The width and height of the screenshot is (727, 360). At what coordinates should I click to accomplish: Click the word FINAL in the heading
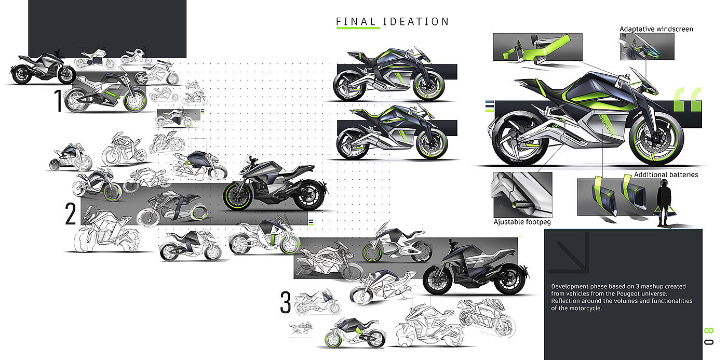(357, 21)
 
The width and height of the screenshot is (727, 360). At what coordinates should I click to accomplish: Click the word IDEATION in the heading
(415, 21)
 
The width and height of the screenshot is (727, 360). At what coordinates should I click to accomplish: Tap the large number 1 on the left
(58, 101)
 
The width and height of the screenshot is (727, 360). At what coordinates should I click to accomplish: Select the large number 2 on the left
(71, 214)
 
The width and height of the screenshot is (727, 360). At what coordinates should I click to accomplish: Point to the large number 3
(286, 302)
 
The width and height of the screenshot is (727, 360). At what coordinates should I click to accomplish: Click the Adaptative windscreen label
(656, 29)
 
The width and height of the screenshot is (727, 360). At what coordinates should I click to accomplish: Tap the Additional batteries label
(666, 175)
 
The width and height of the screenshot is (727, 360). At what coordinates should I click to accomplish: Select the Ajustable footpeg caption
(522, 222)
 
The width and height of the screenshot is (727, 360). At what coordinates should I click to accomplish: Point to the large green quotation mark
(688, 100)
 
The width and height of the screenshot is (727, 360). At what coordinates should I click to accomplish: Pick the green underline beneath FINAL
(358, 28)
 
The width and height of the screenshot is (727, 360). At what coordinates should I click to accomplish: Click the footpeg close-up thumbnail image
(522, 195)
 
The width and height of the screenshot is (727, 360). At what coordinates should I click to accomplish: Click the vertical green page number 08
(709, 336)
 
